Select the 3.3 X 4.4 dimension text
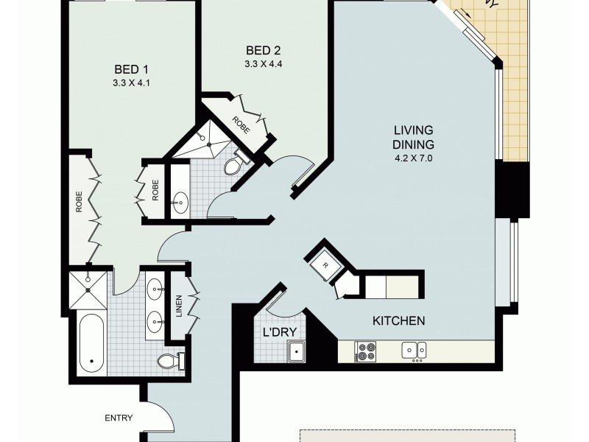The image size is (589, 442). [264, 64]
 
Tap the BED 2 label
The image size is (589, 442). [264, 51]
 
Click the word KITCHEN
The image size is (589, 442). [399, 321]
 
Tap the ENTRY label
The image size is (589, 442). [119, 418]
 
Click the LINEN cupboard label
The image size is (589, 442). [179, 306]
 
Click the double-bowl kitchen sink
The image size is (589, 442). [412, 350]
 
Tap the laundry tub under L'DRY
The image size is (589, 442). [297, 352]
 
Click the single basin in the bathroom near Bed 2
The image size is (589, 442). [180, 200]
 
